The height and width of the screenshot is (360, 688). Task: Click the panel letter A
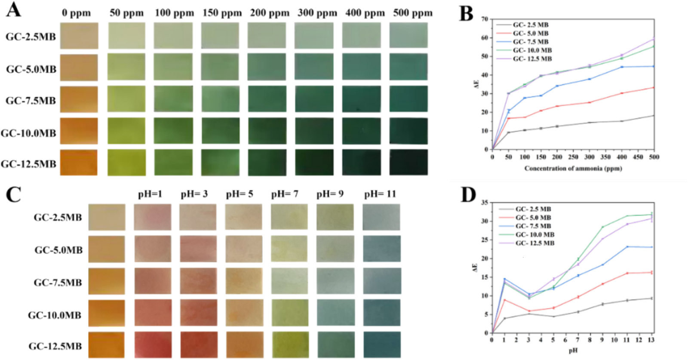click(13, 9)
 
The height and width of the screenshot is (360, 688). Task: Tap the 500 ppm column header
click(412, 13)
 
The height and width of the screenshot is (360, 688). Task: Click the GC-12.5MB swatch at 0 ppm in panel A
click(79, 163)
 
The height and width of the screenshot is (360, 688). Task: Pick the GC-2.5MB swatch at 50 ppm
click(126, 36)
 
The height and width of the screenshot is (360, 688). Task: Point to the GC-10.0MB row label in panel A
click(28, 133)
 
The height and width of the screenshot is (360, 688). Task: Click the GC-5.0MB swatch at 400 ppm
click(361, 67)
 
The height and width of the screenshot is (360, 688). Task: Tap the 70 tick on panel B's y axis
click(485, 19)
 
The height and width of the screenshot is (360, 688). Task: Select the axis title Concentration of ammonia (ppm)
click(573, 168)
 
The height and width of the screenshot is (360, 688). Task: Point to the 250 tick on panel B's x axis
click(573, 157)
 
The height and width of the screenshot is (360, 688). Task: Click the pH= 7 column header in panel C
click(285, 194)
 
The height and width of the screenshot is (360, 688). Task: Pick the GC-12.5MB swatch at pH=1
click(153, 345)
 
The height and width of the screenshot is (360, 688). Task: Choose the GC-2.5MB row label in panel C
click(58, 218)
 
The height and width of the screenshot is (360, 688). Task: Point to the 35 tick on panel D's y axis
click(485, 202)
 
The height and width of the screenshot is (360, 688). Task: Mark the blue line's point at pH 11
click(627, 246)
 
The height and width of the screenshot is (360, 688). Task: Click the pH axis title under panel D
click(573, 351)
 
